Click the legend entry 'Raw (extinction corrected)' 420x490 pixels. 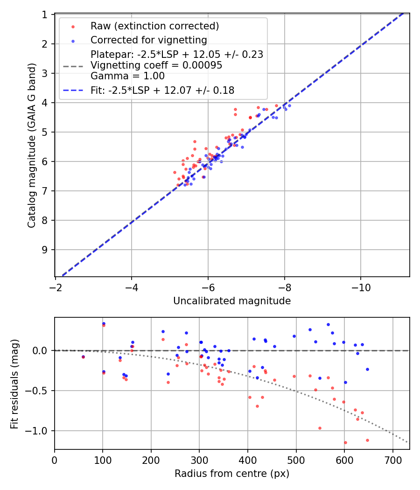[x=154, y=26]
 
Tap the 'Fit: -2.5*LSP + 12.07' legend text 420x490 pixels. [x=162, y=91]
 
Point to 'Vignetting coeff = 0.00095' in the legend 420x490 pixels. [x=156, y=65]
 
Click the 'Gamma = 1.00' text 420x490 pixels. [x=127, y=76]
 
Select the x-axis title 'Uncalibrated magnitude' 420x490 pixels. [x=232, y=301]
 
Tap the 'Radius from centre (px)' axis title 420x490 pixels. [x=232, y=474]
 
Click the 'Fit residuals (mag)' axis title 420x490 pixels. [x=15, y=384]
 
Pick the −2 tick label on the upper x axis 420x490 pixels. [x=56, y=287]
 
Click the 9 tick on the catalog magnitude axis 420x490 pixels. [x=45, y=250]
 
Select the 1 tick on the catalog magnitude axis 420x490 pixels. [x=45, y=14]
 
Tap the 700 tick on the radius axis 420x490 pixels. [x=392, y=459]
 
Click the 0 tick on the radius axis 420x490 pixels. [x=55, y=459]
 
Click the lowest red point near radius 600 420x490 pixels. [x=345, y=442]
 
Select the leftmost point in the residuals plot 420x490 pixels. [x=83, y=357]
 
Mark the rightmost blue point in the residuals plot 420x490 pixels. [x=367, y=369]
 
